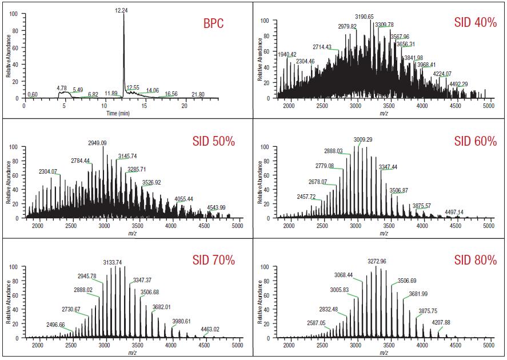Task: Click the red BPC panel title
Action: pyautogui.click(x=214, y=23)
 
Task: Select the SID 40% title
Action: pyautogui.click(x=476, y=23)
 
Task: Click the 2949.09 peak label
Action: pyautogui.click(x=105, y=143)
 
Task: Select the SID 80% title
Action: pyautogui.click(x=476, y=260)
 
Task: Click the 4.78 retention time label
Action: pyautogui.click(x=62, y=88)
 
